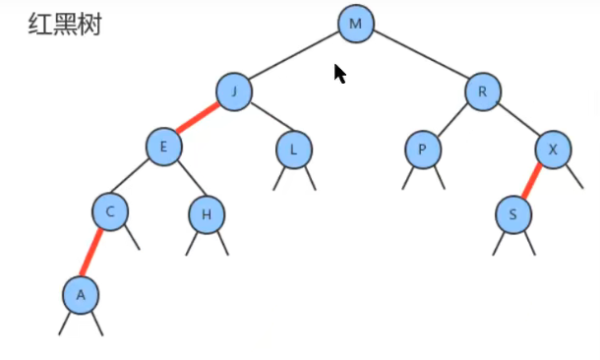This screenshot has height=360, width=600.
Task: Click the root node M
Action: (x=355, y=24)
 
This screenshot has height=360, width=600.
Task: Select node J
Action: (x=234, y=91)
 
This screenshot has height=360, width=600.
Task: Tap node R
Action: (x=482, y=92)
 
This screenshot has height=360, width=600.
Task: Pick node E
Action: (x=164, y=148)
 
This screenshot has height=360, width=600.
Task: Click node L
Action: (x=293, y=150)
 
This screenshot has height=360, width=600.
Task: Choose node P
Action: (x=422, y=150)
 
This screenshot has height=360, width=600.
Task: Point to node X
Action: (x=553, y=150)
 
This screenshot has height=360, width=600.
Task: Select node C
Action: (x=111, y=210)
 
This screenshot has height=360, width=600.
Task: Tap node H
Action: (x=206, y=214)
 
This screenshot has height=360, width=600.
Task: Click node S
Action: (x=512, y=213)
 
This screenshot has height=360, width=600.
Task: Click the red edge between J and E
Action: (x=199, y=119)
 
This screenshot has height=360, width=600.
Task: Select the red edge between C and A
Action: (x=95, y=252)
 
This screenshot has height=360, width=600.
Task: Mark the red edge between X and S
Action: (x=533, y=181)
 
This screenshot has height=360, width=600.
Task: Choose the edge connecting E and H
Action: (x=185, y=180)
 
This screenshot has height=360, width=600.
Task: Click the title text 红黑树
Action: (x=65, y=25)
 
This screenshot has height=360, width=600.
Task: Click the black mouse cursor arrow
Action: (x=339, y=74)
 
